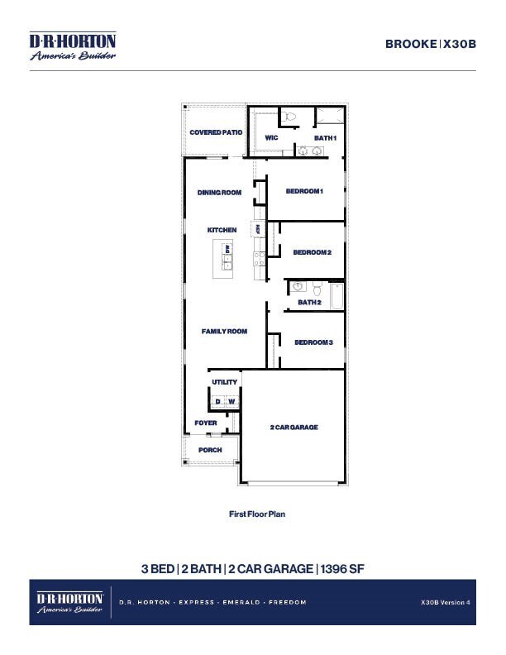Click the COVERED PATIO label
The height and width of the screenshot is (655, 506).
coord(216,132)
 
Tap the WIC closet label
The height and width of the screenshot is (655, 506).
coord(271,137)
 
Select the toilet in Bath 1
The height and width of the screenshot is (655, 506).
coord(289,117)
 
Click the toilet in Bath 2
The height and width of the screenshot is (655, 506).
coord(317,288)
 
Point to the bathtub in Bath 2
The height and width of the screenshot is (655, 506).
coord(337,296)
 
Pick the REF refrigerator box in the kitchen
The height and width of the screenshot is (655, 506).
coord(259,228)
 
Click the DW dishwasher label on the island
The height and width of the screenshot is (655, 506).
coord(227,248)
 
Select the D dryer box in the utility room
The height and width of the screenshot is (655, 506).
coord(218,402)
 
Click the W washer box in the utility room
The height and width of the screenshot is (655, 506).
coord(232,402)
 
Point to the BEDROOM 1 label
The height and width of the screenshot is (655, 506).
coord(303,191)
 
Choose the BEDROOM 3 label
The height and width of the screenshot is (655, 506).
coord(313,342)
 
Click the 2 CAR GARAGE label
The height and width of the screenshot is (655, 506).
coord(294,428)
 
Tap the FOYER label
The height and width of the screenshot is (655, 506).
coord(206,423)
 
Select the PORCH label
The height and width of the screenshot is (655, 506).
coord(210,450)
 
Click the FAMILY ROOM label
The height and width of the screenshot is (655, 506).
coord(224,332)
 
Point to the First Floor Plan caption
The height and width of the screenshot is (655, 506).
coord(256,514)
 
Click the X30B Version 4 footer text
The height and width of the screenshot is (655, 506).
coord(445,602)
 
